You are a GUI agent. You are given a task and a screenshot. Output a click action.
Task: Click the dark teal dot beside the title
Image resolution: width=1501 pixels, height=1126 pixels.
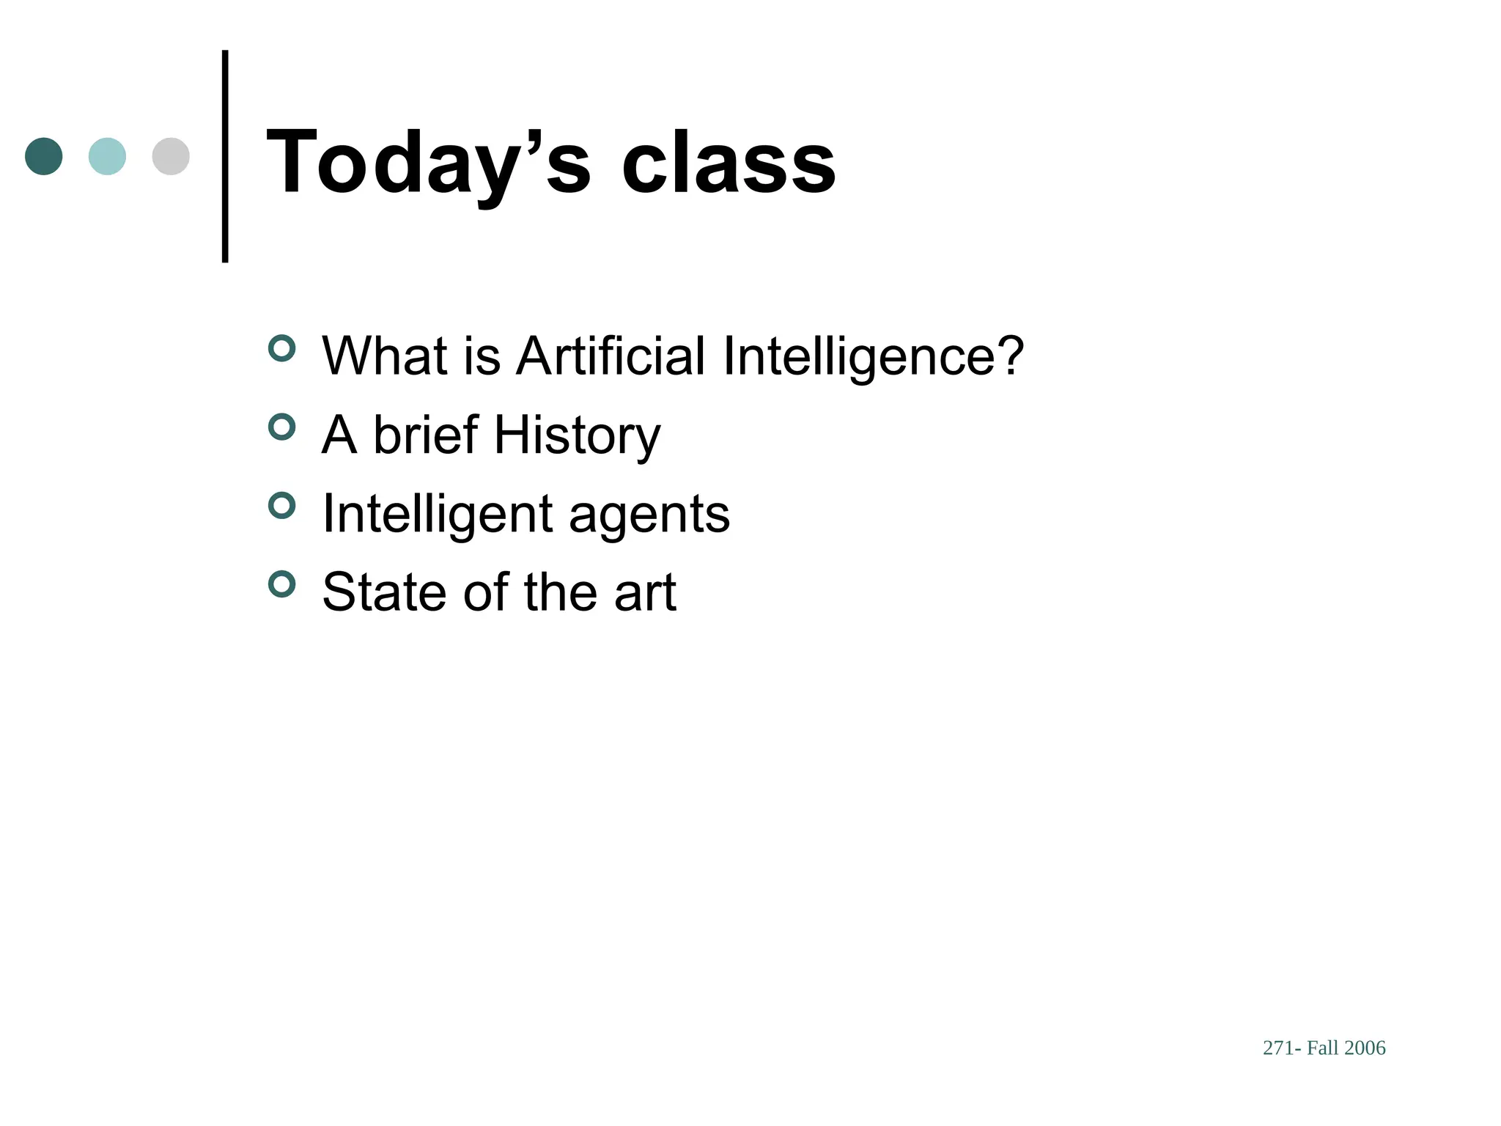coord(44,156)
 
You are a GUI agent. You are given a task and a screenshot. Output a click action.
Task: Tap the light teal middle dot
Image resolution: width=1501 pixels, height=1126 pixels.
coord(107,156)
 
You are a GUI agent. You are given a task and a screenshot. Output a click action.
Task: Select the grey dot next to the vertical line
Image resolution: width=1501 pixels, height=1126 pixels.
coord(171,156)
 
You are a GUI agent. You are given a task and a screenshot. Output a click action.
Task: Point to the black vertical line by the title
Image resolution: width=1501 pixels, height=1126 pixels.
coord(225,156)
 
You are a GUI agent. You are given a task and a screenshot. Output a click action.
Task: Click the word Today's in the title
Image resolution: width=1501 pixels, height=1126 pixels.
coord(428,163)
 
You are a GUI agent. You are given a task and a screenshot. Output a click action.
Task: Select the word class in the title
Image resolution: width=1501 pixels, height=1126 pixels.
coord(729,163)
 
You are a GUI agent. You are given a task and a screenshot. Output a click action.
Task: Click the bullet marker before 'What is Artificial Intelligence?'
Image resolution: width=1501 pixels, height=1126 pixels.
coord(281,348)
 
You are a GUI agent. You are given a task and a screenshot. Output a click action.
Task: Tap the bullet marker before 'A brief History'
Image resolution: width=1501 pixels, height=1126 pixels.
coord(281,427)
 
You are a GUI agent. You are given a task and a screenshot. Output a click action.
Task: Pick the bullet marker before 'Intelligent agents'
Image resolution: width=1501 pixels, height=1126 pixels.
coord(281,505)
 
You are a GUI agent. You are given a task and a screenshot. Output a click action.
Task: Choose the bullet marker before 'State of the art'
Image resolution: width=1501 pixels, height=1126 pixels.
coord(281,584)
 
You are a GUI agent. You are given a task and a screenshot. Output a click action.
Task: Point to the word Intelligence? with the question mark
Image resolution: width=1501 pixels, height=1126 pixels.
coord(873,356)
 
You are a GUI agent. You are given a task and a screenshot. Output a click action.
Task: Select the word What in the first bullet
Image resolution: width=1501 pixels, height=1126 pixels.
coord(385,356)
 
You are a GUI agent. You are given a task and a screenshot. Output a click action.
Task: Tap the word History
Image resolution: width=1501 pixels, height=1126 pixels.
coord(577,435)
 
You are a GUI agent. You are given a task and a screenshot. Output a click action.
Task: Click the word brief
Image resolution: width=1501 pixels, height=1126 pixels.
coord(426,435)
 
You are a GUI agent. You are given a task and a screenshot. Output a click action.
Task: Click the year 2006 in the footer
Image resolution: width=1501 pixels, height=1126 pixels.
coord(1365,1048)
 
